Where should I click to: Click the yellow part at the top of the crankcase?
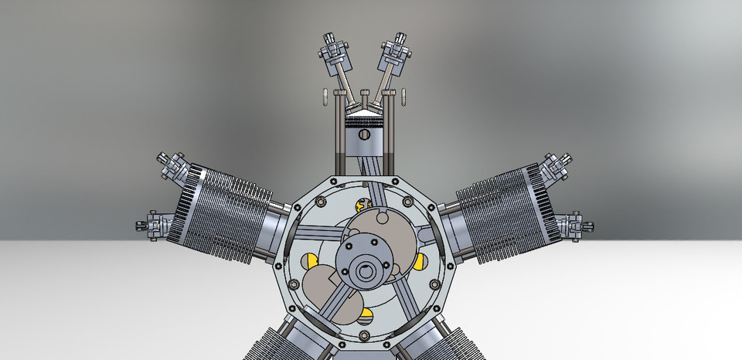point(361,205)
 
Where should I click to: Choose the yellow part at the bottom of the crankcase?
point(366,314)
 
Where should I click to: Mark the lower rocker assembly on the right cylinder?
point(578,226)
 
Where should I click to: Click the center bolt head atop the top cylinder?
point(362,93)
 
